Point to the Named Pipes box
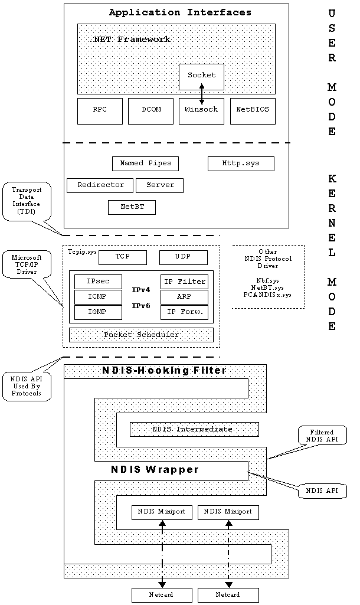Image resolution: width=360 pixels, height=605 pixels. (145, 163)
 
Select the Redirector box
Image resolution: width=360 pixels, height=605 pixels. (100, 185)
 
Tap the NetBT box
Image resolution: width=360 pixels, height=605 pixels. (132, 207)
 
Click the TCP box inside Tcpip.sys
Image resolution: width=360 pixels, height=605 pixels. (122, 257)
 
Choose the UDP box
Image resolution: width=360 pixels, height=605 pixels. (183, 257)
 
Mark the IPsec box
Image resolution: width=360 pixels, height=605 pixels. (98, 282)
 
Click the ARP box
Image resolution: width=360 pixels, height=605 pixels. (184, 297)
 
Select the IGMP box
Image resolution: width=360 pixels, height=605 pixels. (98, 312)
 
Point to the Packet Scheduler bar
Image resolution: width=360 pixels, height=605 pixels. (141, 335)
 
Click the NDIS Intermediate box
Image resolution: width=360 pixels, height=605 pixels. (194, 429)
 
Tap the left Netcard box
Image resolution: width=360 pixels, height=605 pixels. (161, 595)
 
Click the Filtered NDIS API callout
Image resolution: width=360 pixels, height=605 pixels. (322, 435)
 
